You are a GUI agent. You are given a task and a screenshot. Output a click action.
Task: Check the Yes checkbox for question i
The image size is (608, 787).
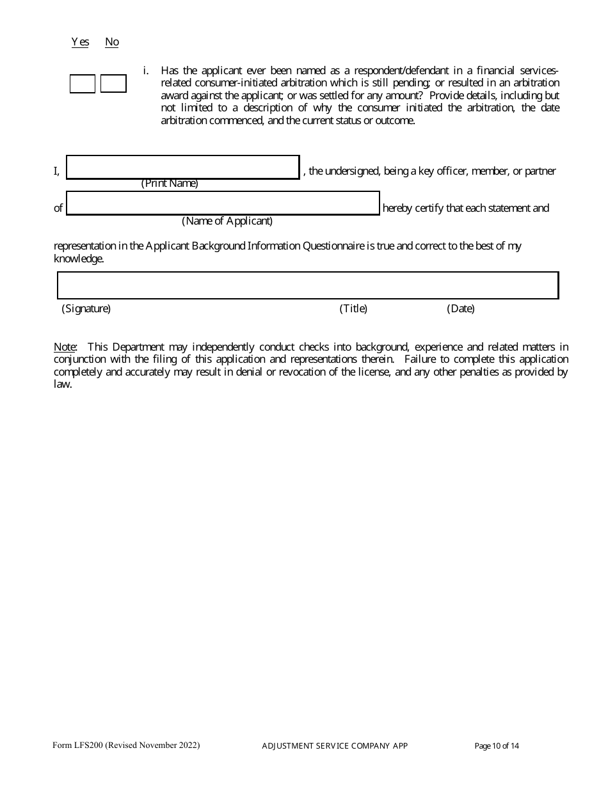[82, 84]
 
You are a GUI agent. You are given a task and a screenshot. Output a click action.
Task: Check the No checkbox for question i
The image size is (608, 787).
[113, 84]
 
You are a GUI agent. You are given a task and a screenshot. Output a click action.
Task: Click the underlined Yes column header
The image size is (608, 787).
[80, 42]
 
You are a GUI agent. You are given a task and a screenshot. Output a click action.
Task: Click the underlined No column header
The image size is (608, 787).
[112, 42]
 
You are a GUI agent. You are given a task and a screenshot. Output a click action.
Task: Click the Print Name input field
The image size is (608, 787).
[183, 168]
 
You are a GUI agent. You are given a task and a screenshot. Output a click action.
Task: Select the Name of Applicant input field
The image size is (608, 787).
[223, 203]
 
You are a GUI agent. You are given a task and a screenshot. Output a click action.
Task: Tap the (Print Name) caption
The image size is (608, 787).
[170, 184]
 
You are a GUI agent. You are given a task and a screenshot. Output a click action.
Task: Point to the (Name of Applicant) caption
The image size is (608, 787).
[227, 221]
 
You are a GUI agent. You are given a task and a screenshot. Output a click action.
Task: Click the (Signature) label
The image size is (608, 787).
[86, 309]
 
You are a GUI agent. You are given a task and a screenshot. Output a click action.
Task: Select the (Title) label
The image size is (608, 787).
[353, 309]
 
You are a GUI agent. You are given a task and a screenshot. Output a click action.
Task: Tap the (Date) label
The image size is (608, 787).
[461, 309]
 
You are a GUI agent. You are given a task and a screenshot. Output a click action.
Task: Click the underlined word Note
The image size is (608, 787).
[65, 347]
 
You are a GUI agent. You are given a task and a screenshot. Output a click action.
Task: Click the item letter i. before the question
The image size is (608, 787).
[146, 71]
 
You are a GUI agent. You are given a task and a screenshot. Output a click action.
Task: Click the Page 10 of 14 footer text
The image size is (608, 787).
[497, 746]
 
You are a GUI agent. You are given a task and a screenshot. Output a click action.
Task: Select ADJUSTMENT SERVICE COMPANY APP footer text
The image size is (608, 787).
[335, 746]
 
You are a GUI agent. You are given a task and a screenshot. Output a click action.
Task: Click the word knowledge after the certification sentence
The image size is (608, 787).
[77, 259]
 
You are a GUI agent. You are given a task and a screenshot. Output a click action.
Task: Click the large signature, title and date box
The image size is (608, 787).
[308, 285]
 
